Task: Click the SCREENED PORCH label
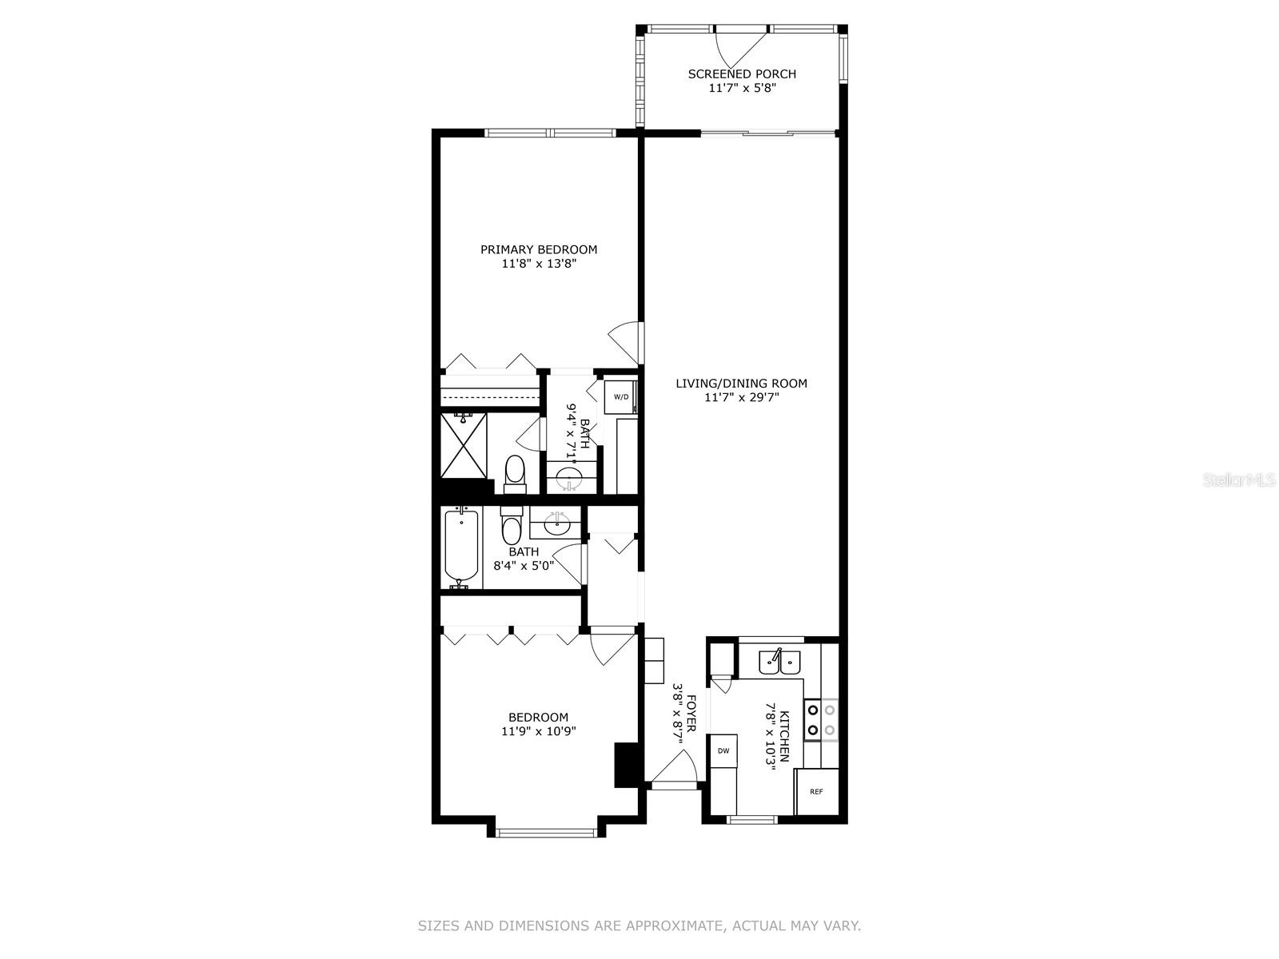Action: coord(741,74)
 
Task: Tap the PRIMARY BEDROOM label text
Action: coord(539,250)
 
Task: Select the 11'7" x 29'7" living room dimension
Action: coord(742,398)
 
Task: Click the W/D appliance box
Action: coord(620,397)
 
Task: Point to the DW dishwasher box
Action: coord(723,750)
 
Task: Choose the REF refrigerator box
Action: coord(816,792)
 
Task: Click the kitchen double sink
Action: coord(779,662)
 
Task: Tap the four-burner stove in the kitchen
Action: coord(821,720)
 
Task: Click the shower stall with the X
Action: coord(463,445)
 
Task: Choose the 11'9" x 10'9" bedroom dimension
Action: coord(539,731)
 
